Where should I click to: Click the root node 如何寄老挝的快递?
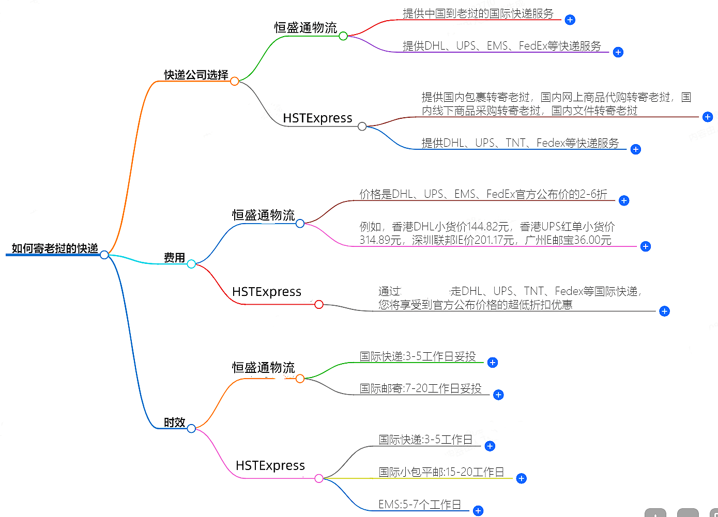coord(55,248)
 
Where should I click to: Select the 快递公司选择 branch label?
coord(196,75)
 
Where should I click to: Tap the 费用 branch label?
coord(174,258)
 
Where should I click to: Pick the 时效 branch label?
coord(174,422)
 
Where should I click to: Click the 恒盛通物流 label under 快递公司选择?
coord(305,28)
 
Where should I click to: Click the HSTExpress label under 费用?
coord(266,292)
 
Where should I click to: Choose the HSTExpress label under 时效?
coord(270,466)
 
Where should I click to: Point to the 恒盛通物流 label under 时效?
coord(263,368)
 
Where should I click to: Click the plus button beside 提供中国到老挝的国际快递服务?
coord(570,20)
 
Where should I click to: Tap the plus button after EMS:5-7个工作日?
coord(478,511)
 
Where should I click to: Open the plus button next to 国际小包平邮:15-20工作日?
coord(521,479)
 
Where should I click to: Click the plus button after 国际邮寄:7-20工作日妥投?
coord(498,395)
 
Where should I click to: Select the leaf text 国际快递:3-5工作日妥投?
coord(417,356)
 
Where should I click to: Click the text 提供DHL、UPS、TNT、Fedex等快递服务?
coord(520,143)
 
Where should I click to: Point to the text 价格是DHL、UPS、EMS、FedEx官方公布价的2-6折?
coord(483,194)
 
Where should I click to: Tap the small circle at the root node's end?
coord(104,255)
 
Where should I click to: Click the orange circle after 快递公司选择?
coord(234,81)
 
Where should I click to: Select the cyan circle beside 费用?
coord(191,264)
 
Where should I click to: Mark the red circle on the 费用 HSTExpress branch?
coord(319,305)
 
